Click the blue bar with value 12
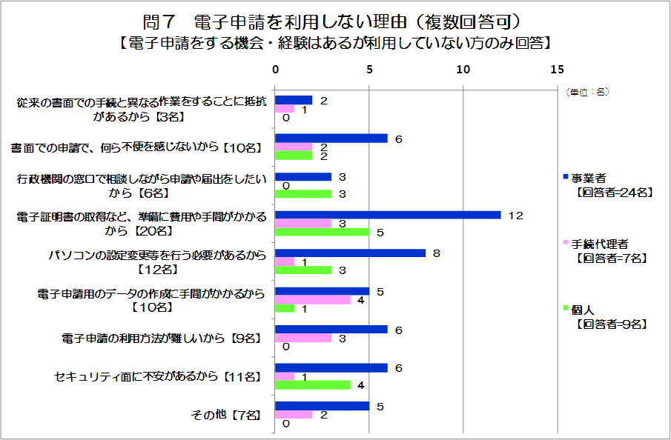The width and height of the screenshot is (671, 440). [388, 215]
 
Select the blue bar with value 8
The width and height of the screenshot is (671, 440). [350, 253]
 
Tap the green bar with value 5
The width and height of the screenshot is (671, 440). [323, 232]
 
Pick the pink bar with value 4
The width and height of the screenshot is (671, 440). [313, 300]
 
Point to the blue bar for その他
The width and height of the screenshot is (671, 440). [323, 406]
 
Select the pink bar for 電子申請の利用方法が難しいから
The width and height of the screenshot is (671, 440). [303, 338]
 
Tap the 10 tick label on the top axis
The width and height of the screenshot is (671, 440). [463, 69]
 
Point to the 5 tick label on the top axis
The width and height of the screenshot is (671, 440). [369, 69]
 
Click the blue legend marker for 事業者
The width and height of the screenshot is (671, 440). [565, 178]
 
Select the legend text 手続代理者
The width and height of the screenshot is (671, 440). [601, 243]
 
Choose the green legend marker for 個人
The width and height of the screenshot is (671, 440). [565, 307]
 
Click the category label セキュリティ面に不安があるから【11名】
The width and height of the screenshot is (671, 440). [158, 376]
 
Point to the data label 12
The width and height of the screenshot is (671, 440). [516, 216]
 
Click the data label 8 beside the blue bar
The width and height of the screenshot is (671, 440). [437, 253]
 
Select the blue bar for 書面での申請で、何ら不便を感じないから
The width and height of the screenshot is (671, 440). [331, 138]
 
